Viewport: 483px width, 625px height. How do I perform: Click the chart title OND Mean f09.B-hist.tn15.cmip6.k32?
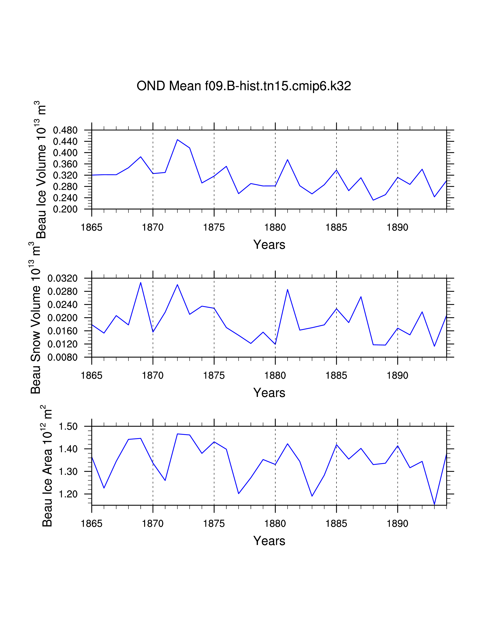coord(244,86)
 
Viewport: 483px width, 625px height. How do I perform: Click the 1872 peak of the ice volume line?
coord(177,140)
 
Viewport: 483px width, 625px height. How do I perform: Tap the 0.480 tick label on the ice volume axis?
coord(65,130)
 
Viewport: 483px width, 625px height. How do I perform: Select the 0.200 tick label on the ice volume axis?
coord(65,209)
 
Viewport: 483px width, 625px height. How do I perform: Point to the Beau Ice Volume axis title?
coord(41,170)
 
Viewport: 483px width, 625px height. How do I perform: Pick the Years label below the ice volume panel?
coord(269,245)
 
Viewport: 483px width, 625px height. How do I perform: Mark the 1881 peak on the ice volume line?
coord(288,160)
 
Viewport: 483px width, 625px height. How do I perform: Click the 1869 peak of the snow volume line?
coord(141,282)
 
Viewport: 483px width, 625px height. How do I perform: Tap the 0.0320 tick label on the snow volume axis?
coord(62,278)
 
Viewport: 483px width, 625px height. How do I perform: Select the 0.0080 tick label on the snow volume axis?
coord(62,357)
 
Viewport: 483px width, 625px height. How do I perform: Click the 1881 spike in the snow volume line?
coord(288,290)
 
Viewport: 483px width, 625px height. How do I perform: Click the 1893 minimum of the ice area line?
coord(434,504)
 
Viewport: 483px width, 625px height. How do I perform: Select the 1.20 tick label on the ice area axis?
coord(68,494)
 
